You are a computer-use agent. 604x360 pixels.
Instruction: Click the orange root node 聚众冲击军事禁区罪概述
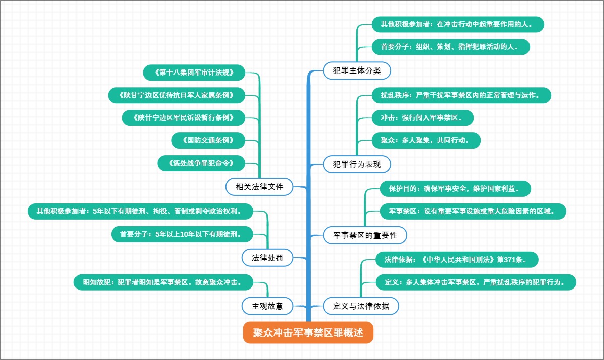click(308, 333)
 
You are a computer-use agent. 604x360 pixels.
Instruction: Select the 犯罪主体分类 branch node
click(357, 70)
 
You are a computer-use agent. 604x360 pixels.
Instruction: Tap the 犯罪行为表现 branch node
click(357, 164)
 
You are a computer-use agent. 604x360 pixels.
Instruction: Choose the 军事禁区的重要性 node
click(365, 235)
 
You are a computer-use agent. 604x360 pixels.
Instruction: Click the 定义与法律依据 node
click(361, 306)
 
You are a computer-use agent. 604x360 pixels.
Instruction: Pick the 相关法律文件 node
click(259, 187)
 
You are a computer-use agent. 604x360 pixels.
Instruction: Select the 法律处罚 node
click(267, 258)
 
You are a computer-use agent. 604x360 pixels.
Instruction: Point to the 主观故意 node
click(267, 306)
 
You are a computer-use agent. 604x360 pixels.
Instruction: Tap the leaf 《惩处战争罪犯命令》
click(201, 163)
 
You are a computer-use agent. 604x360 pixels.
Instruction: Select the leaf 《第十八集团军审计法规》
click(194, 73)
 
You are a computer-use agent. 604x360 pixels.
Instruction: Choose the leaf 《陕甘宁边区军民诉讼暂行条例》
click(184, 118)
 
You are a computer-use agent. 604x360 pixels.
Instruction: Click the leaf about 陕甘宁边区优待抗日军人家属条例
click(177, 95)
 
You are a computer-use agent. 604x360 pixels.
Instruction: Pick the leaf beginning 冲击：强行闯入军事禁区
click(423, 118)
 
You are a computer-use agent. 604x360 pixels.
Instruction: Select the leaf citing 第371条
click(458, 260)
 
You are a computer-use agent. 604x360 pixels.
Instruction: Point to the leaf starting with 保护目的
click(456, 189)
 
